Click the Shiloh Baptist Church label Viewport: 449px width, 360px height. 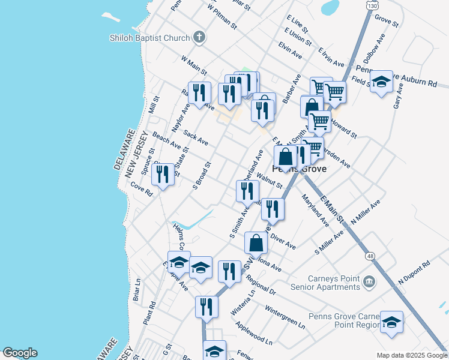(x=149, y=38)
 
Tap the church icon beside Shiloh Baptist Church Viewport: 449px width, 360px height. (x=199, y=38)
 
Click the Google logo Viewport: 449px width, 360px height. (x=20, y=353)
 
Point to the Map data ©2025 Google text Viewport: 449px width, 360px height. (x=411, y=355)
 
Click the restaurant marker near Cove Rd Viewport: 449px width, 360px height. (x=163, y=174)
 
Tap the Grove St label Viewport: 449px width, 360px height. (x=386, y=22)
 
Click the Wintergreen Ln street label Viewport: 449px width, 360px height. (x=285, y=318)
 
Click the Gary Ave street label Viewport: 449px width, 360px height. (x=398, y=96)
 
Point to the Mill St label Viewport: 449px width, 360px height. (x=152, y=106)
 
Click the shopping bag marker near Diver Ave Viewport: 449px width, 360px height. (x=256, y=243)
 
